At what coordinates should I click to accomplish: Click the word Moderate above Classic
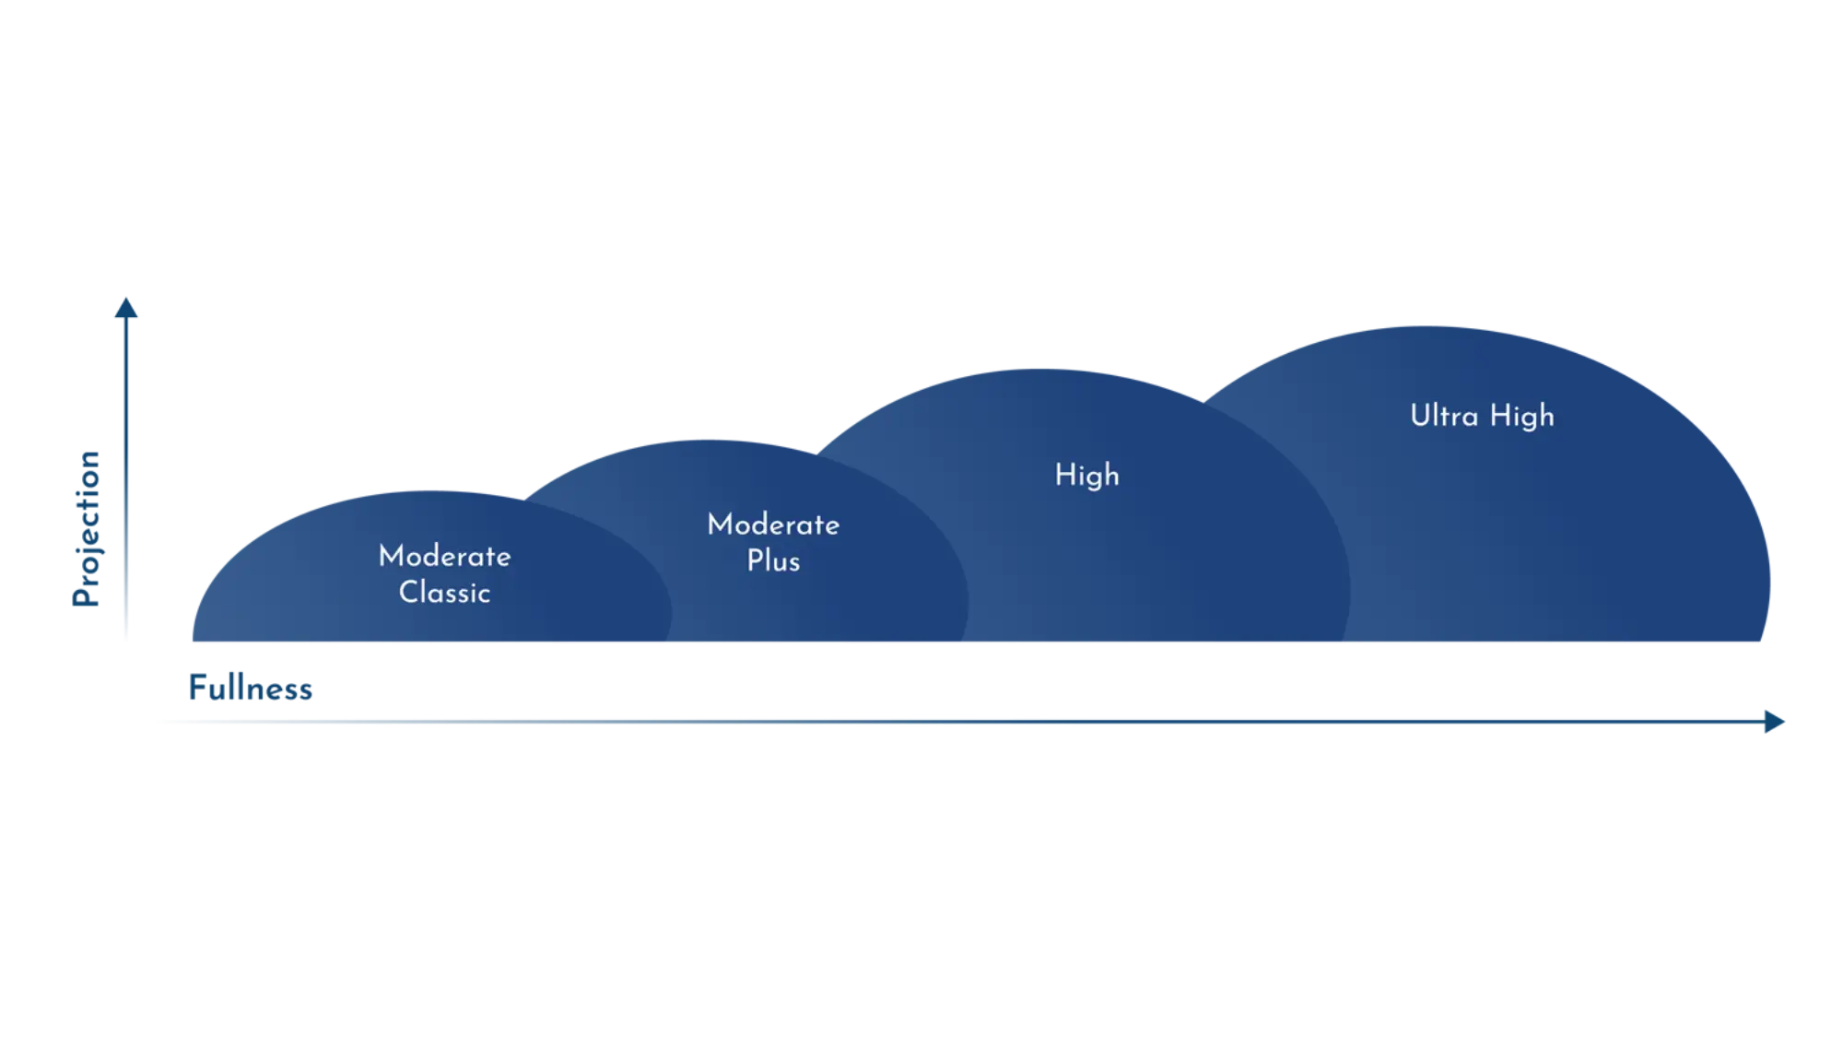point(444,556)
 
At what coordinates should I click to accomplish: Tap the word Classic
point(444,592)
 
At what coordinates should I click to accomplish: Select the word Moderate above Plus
point(773,524)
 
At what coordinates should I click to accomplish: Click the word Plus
point(773,560)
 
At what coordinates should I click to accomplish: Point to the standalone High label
point(1086,475)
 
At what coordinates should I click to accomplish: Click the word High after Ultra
point(1521,417)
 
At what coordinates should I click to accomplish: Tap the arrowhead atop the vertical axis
point(123,308)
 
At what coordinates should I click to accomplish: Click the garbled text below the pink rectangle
point(249,689)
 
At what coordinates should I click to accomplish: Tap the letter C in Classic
point(408,592)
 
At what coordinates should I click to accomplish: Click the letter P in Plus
point(754,560)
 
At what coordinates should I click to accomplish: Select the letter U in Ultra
point(1419,416)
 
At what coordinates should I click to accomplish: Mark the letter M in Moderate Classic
point(391,556)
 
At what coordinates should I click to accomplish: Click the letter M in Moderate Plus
point(720,524)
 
